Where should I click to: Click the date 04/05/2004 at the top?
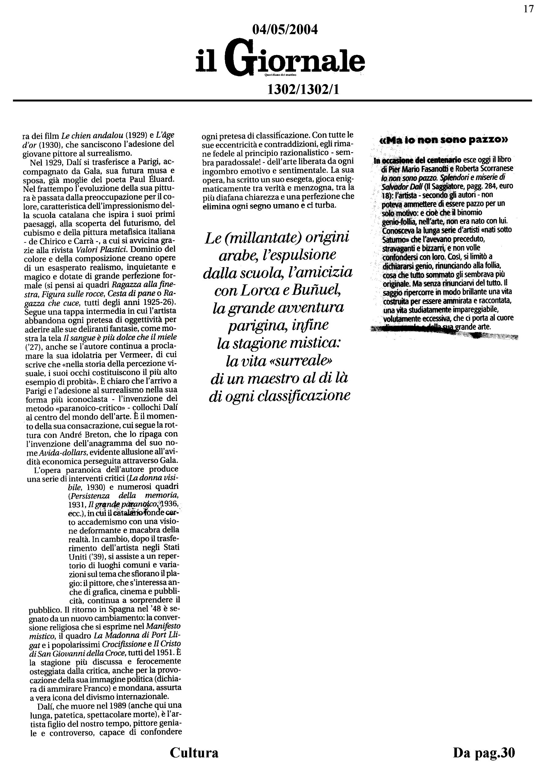285,30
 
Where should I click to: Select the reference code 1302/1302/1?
303,90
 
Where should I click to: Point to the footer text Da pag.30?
484,752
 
